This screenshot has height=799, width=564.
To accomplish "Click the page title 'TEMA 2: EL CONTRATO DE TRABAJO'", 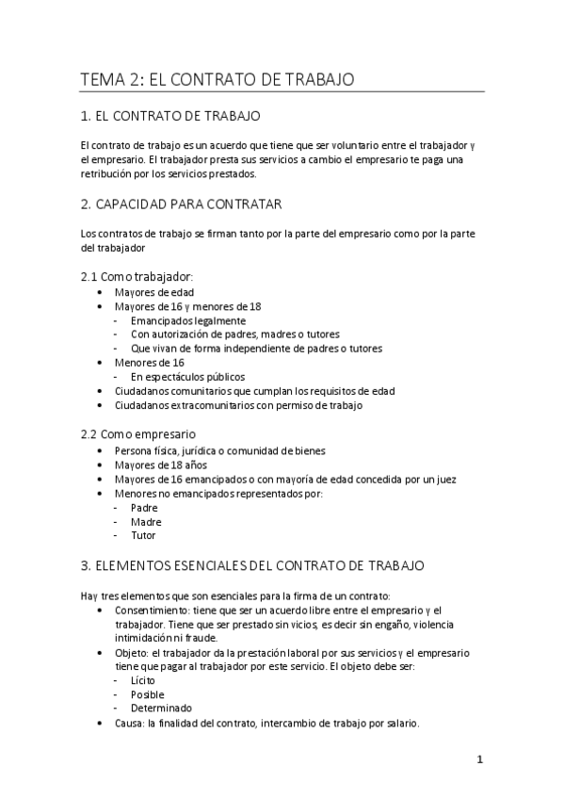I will tap(218, 81).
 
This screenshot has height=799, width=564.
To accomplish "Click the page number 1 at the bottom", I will tap(479, 761).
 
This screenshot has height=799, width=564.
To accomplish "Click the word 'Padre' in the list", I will tap(145, 508).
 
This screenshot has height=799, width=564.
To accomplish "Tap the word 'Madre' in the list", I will tap(146, 522).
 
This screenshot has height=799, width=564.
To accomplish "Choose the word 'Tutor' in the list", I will tap(144, 536).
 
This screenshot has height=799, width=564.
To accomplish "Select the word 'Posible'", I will tap(148, 694).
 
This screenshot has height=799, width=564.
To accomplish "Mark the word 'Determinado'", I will tap(162, 709).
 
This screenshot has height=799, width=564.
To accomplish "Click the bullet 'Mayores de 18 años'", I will tap(159, 465).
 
